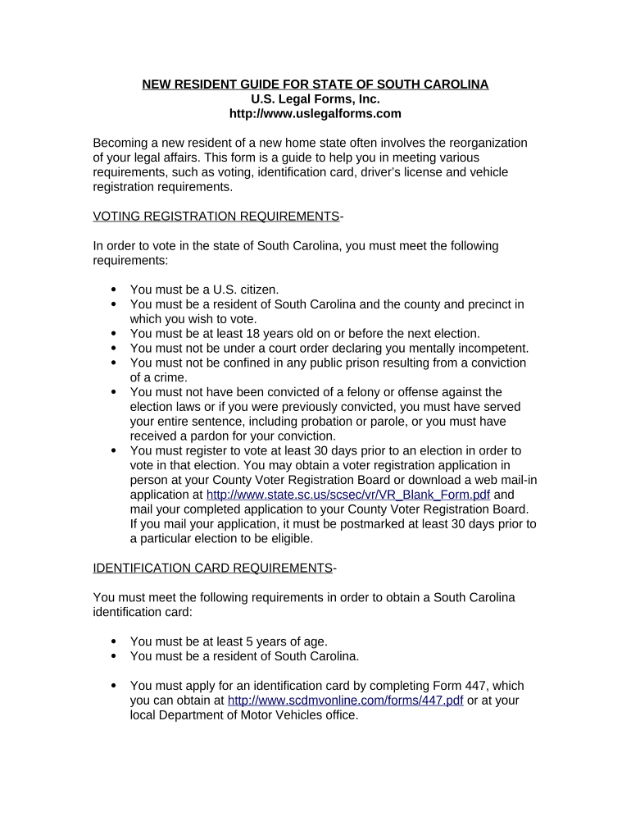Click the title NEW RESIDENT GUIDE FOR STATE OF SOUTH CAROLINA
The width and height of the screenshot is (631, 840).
click(315, 84)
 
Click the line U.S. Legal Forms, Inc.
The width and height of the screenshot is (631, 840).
click(315, 99)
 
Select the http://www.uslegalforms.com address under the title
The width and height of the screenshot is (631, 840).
click(315, 114)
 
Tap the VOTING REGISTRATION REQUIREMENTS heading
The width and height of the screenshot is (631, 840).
click(216, 217)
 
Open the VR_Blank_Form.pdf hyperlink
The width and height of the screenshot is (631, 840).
click(348, 495)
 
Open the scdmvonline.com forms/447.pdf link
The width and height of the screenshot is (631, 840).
click(345, 701)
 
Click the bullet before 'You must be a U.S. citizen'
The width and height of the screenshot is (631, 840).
click(112, 290)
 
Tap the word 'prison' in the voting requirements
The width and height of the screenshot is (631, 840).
click(357, 363)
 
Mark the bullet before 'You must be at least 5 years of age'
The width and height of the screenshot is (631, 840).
click(112, 641)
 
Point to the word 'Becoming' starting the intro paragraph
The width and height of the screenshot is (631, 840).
click(122, 144)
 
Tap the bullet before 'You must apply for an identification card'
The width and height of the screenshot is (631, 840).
click(112, 686)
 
